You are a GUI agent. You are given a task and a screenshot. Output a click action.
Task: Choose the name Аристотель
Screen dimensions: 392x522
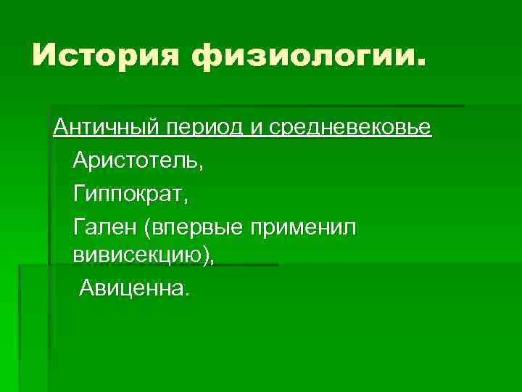coord(136,161)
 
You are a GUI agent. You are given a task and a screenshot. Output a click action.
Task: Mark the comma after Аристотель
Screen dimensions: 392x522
coord(202,167)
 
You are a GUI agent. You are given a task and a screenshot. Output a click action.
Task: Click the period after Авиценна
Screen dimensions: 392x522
coord(186,295)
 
